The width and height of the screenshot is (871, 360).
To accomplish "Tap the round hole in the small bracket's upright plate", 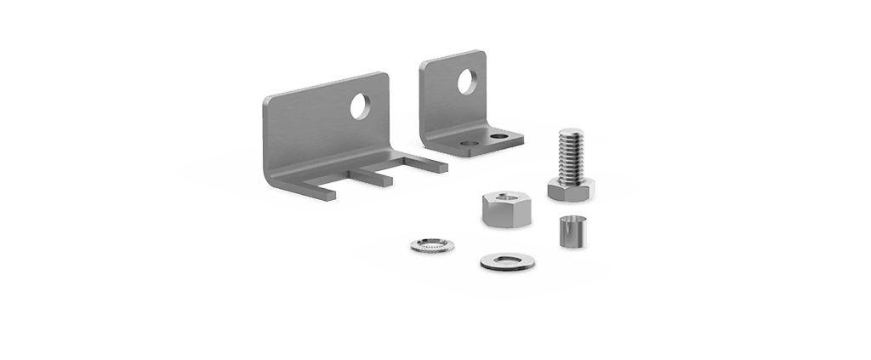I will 467,82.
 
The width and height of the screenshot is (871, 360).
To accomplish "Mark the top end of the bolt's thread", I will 570,132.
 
